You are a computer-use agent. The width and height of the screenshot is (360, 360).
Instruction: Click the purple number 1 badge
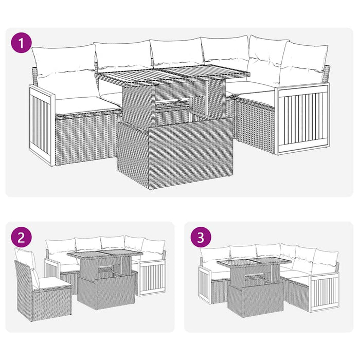pos(21,43)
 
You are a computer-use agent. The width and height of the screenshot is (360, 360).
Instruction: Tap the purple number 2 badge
pos(21,237)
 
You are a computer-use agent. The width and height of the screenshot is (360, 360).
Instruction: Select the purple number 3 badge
pos(201,237)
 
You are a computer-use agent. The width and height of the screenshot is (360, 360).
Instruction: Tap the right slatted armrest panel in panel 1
pos(302,119)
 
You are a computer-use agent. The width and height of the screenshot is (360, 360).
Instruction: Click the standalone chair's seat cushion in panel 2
pos(51,282)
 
